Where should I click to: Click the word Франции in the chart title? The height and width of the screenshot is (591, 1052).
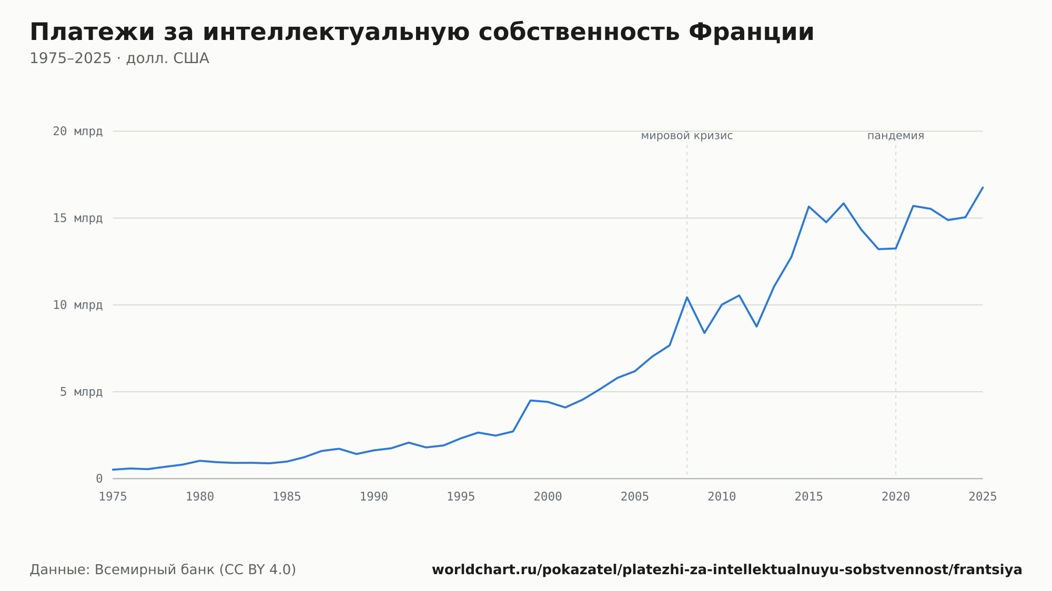pyautogui.click(x=751, y=32)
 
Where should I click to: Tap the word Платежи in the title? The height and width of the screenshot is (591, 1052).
pyautogui.click(x=93, y=32)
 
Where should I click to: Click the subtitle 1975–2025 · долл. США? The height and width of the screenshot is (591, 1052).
pyautogui.click(x=119, y=58)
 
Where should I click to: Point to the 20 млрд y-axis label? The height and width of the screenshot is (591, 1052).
pyautogui.click(x=78, y=131)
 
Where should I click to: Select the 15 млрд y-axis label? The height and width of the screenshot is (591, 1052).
pyautogui.click(x=78, y=218)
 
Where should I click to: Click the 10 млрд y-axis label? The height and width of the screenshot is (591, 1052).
pyautogui.click(x=78, y=305)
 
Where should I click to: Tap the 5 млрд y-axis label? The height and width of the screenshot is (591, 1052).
pyautogui.click(x=82, y=392)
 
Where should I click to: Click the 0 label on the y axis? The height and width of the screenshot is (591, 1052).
pyautogui.click(x=99, y=478)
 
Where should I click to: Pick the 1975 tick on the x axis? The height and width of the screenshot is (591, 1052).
pyautogui.click(x=113, y=497)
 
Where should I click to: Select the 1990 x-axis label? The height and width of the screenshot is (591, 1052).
pyautogui.click(x=374, y=497)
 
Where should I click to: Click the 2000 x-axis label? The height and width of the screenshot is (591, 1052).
pyautogui.click(x=548, y=497)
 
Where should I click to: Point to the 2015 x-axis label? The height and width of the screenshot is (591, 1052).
pyautogui.click(x=809, y=497)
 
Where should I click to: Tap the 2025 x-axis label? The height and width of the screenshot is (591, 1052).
pyautogui.click(x=983, y=497)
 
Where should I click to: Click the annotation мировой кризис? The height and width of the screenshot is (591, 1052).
pyautogui.click(x=687, y=136)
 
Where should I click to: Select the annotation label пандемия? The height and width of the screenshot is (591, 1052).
pyautogui.click(x=896, y=136)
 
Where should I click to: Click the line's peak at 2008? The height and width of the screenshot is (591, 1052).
pyautogui.click(x=687, y=297)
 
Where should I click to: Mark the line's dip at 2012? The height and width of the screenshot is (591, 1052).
pyautogui.click(x=756, y=327)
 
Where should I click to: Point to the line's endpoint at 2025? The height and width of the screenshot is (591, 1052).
pyautogui.click(x=983, y=187)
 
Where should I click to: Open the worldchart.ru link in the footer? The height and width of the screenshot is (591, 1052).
pyautogui.click(x=727, y=570)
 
